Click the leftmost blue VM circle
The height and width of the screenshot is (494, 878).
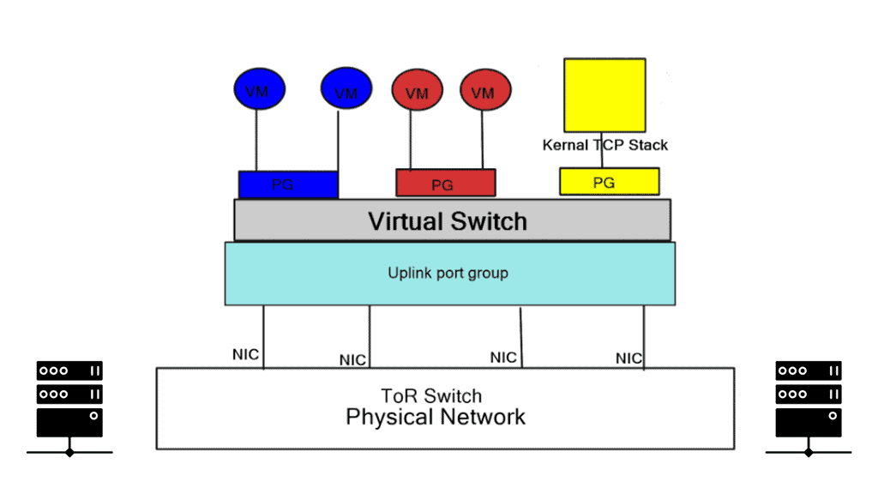(x=259, y=88)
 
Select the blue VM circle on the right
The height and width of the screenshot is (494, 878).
(x=346, y=88)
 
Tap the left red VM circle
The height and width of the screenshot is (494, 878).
(x=418, y=91)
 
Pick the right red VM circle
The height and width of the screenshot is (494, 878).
(x=485, y=91)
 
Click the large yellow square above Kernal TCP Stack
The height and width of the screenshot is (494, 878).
(x=604, y=94)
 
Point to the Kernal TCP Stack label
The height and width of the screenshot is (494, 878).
(x=604, y=145)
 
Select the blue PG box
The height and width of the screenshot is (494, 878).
(x=288, y=184)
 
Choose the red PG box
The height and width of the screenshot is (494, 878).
(x=445, y=184)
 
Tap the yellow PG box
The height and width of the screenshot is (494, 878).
(x=609, y=182)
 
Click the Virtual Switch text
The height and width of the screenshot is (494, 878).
(x=448, y=221)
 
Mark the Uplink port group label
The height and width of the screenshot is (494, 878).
(x=448, y=274)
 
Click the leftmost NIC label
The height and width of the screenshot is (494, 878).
(x=245, y=354)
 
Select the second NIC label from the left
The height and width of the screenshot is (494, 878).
(x=352, y=359)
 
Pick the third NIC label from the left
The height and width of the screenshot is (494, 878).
(x=503, y=357)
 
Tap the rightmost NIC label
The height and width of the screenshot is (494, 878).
(x=628, y=358)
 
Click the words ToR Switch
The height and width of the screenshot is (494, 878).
(x=431, y=396)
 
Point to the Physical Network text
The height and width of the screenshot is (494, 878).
(x=436, y=418)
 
